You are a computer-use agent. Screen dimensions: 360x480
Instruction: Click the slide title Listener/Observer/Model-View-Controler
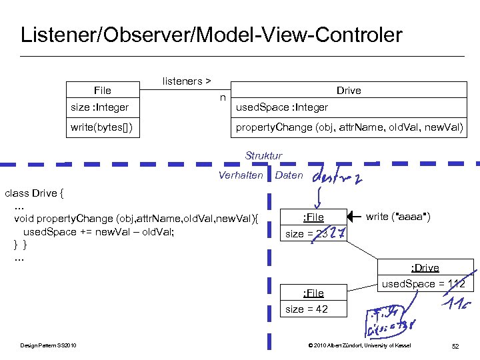pyautogui.click(x=211, y=35)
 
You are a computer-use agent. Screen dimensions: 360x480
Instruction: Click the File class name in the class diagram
pyautogui.click(x=103, y=91)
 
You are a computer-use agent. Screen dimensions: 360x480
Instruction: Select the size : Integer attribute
pyautogui.click(x=100, y=107)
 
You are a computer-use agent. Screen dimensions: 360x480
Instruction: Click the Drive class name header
pyautogui.click(x=349, y=91)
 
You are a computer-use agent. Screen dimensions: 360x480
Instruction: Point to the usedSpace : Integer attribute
pyautogui.click(x=283, y=107)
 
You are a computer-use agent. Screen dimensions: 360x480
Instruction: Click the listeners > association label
pyautogui.click(x=187, y=81)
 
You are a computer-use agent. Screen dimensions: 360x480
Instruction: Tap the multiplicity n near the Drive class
pyautogui.click(x=223, y=98)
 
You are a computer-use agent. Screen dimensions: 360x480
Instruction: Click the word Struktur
pyautogui.click(x=263, y=156)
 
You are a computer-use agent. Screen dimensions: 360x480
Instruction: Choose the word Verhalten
pyautogui.click(x=241, y=175)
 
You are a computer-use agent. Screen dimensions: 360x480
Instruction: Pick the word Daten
pyautogui.click(x=289, y=175)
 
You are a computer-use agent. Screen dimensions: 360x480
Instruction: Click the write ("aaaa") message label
pyautogui.click(x=398, y=217)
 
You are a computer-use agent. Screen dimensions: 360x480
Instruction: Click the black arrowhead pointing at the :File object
pyautogui.click(x=354, y=217)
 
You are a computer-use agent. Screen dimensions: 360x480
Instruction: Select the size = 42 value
pyautogui.click(x=307, y=309)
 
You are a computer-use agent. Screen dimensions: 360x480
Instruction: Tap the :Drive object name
pyautogui.click(x=425, y=268)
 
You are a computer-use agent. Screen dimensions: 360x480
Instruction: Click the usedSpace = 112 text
pyautogui.click(x=425, y=285)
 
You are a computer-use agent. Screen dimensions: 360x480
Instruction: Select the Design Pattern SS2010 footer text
pyautogui.click(x=48, y=345)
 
